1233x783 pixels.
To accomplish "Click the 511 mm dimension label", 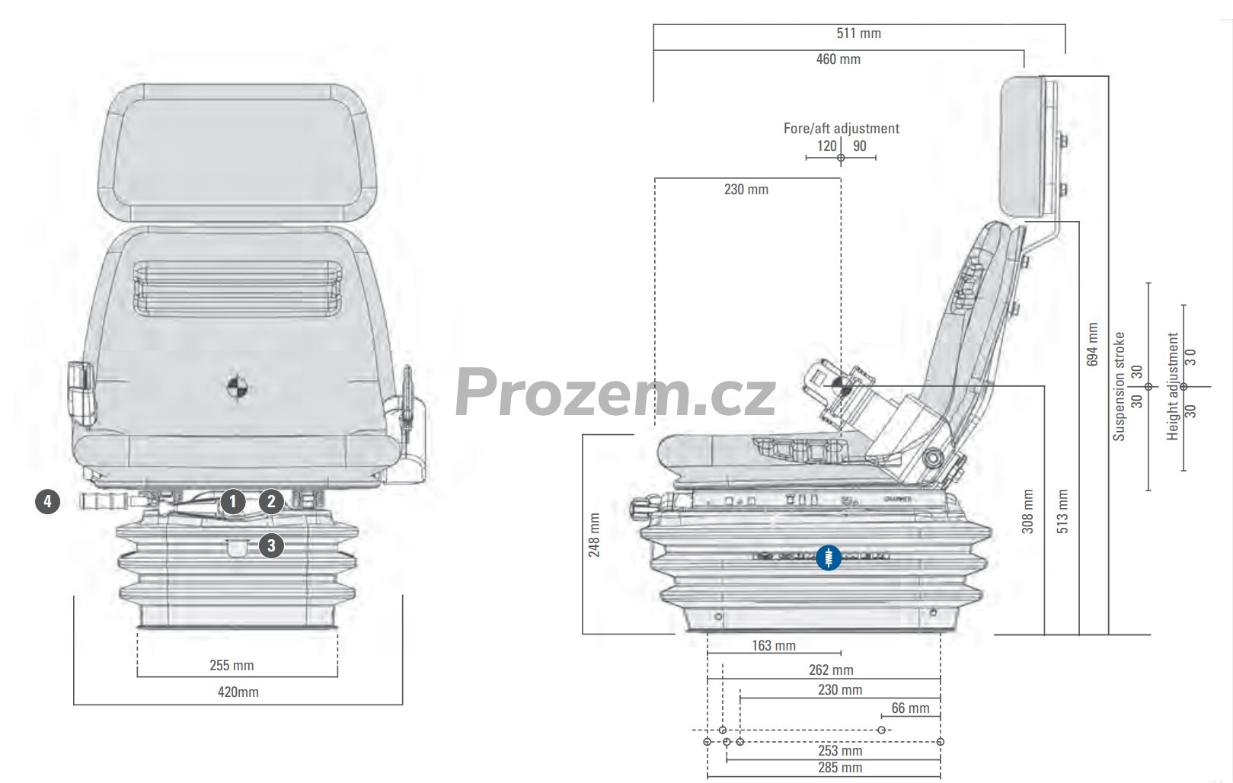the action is coord(859,34).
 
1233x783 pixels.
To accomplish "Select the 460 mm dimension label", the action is coord(839,59).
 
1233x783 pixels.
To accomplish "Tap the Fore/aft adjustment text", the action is coord(841,128).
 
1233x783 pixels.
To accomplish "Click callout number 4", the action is coord(48,502).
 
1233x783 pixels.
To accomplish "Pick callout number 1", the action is coord(233,502).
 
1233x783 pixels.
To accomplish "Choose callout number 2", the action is coord(271,502).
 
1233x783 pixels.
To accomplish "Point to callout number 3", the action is coord(271,545).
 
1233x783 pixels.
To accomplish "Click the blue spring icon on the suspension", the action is coord(829,558).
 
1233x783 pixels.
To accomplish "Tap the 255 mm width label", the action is coord(232,665).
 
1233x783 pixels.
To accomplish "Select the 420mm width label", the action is coord(238,692).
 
